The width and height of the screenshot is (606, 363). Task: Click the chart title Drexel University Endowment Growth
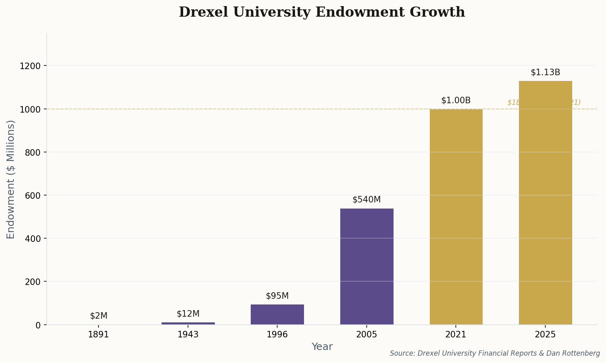322,12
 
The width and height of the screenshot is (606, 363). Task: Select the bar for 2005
367,266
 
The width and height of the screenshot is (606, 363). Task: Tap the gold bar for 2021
456,217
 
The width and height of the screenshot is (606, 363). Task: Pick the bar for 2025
545,202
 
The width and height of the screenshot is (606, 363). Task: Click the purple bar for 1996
277,314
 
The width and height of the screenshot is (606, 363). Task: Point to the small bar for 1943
188,323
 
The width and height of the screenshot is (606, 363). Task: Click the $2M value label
98,316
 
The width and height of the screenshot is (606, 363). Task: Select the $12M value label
188,314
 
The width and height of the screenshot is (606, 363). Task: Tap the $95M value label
277,296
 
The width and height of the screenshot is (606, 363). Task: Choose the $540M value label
367,200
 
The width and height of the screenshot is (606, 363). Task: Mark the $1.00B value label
456,100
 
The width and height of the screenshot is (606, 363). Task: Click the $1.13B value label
545,72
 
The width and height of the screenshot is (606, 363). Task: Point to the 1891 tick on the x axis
98,335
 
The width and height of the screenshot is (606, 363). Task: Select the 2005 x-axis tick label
367,335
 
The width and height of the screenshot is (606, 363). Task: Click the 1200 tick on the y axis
30,66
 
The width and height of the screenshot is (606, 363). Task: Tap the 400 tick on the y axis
32,239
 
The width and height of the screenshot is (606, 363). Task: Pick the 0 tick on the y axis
38,325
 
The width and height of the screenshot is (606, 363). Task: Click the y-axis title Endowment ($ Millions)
11,179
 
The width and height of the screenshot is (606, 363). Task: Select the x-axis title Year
322,347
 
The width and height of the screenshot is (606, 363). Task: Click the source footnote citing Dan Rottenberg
494,353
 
